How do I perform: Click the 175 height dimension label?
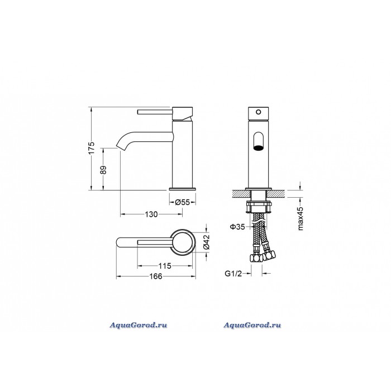tap(92, 148)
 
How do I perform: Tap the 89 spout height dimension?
tap(103, 170)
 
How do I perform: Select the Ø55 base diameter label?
tap(182, 202)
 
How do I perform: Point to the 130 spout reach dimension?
tap(151, 214)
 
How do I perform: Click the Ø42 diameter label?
tap(207, 242)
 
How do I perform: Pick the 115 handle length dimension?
tap(165, 266)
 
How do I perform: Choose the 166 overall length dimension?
tap(156, 276)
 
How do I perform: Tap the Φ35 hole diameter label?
tap(237, 227)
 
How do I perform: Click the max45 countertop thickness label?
tap(301, 218)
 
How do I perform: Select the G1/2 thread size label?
tap(233, 274)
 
